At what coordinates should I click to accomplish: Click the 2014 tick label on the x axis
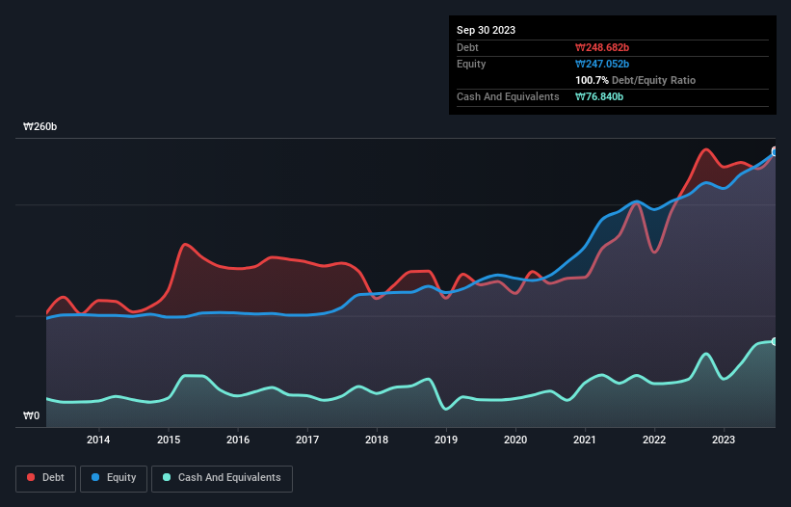coord(98,440)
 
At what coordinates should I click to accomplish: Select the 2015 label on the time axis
coord(168,440)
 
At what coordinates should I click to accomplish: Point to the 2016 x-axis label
coord(238,440)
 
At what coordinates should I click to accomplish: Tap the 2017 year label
coord(307,440)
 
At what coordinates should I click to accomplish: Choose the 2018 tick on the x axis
coord(377,440)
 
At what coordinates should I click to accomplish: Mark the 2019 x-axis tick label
coord(446,440)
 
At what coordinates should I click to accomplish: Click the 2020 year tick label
coord(516,440)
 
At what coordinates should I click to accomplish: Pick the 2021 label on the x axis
coord(586,440)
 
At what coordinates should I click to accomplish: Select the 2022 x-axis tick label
coord(655,440)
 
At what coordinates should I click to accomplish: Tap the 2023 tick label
coord(725,440)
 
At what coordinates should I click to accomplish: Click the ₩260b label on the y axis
coord(41,127)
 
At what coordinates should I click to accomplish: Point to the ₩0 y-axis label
coord(32,416)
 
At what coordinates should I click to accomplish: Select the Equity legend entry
coord(114,477)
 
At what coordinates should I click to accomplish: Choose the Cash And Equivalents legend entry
coord(222,477)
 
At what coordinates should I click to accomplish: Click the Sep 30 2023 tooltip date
coord(486,30)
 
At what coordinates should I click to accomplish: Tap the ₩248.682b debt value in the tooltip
coord(602,47)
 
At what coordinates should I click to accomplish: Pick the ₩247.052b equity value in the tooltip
coord(602,64)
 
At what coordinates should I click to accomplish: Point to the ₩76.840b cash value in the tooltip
coord(599,96)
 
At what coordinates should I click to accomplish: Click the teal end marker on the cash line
coord(774,341)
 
